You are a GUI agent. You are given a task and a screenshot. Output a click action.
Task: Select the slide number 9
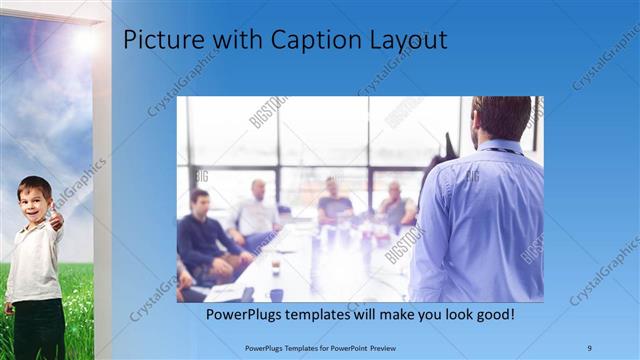[x=590, y=348]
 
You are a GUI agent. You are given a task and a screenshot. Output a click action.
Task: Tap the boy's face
[x=34, y=198]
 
